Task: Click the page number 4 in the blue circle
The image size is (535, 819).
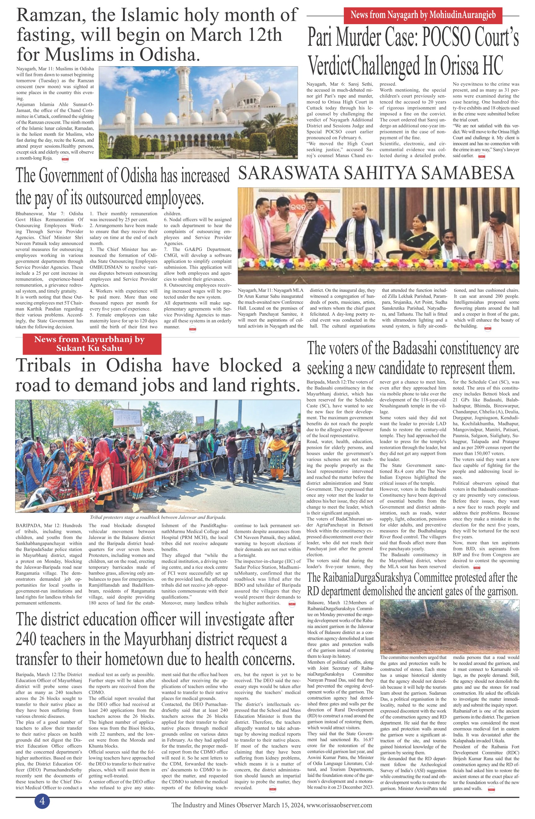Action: click(42, 801)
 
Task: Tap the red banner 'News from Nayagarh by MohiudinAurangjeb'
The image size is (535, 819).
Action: click(423, 15)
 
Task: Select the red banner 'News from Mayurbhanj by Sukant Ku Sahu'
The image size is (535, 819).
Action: click(92, 343)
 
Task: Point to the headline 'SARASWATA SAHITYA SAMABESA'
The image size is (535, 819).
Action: click(376, 173)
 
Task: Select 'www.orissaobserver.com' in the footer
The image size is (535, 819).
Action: click(339, 805)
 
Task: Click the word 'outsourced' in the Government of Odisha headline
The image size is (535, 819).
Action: click(114, 197)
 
